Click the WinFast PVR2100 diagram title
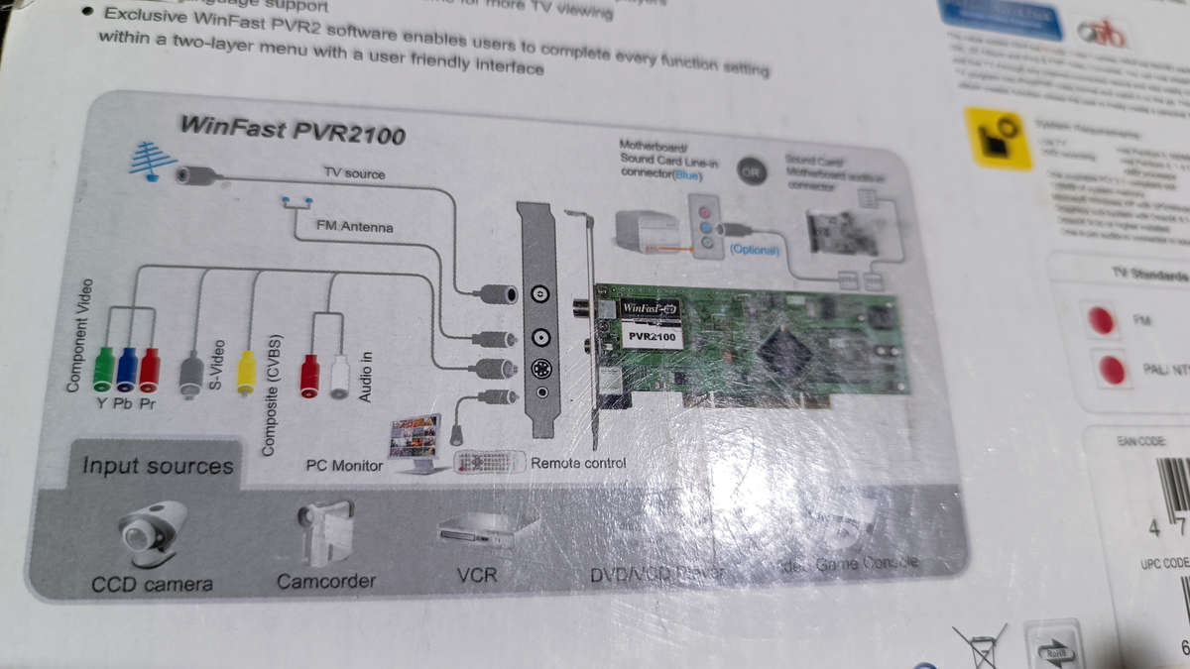pos(292,130)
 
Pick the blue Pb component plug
pos(127,369)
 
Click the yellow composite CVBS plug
pos(246,372)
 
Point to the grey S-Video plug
pos(191,375)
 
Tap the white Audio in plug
pos(340,376)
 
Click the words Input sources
pos(158,466)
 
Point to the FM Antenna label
pos(354,227)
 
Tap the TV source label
pos(354,173)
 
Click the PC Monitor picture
pos(415,441)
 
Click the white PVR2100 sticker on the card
pos(652,336)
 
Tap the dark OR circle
pos(752,170)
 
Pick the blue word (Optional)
pos(754,250)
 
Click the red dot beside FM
pos(1100,320)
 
